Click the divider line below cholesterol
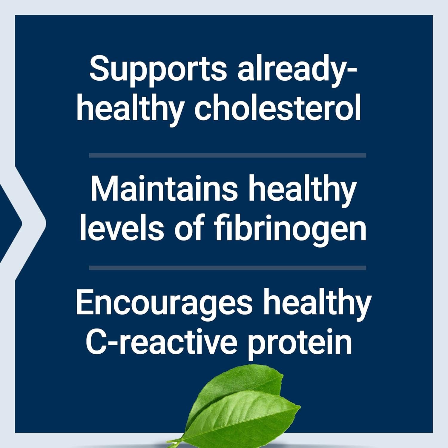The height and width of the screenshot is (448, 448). [228, 155]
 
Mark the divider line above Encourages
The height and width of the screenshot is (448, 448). [228, 268]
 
